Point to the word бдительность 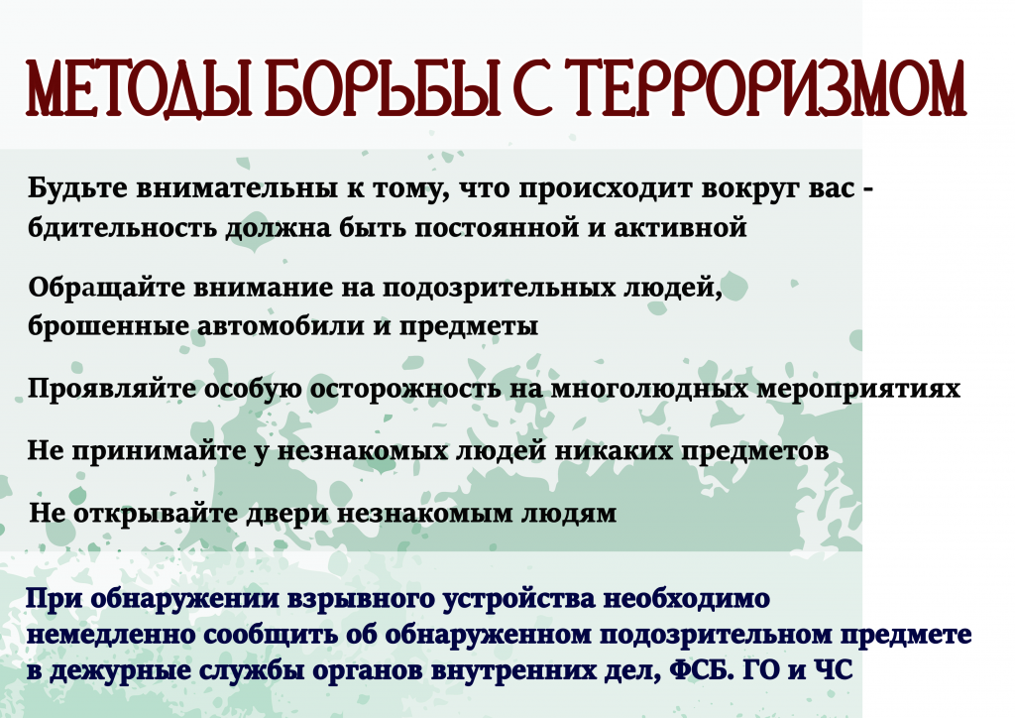(x=122, y=228)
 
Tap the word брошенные (x=108, y=325)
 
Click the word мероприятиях (x=857, y=390)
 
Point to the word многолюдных (x=650, y=389)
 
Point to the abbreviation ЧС (x=833, y=670)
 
